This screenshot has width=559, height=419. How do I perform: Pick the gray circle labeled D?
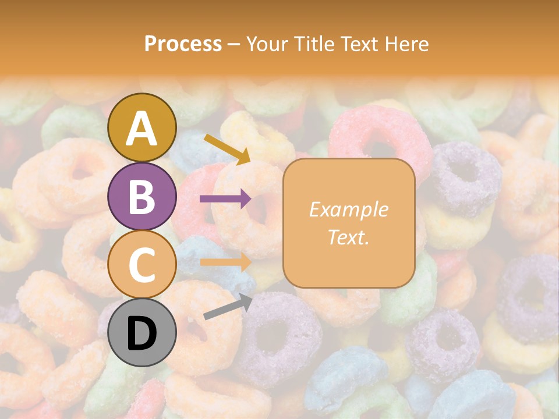142,333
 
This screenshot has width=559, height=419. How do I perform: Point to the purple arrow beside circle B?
225,199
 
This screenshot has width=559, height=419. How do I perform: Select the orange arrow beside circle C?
225,262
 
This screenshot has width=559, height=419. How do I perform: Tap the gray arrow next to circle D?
228,307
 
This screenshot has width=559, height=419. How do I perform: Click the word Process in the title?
183,44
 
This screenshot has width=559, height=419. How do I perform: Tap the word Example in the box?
348,210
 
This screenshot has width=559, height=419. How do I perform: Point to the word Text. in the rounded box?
348,237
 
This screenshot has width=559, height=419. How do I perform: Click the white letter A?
142,129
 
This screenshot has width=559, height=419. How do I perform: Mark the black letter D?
142,333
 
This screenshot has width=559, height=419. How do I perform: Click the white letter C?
142,265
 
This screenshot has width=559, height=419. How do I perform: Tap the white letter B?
142,196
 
